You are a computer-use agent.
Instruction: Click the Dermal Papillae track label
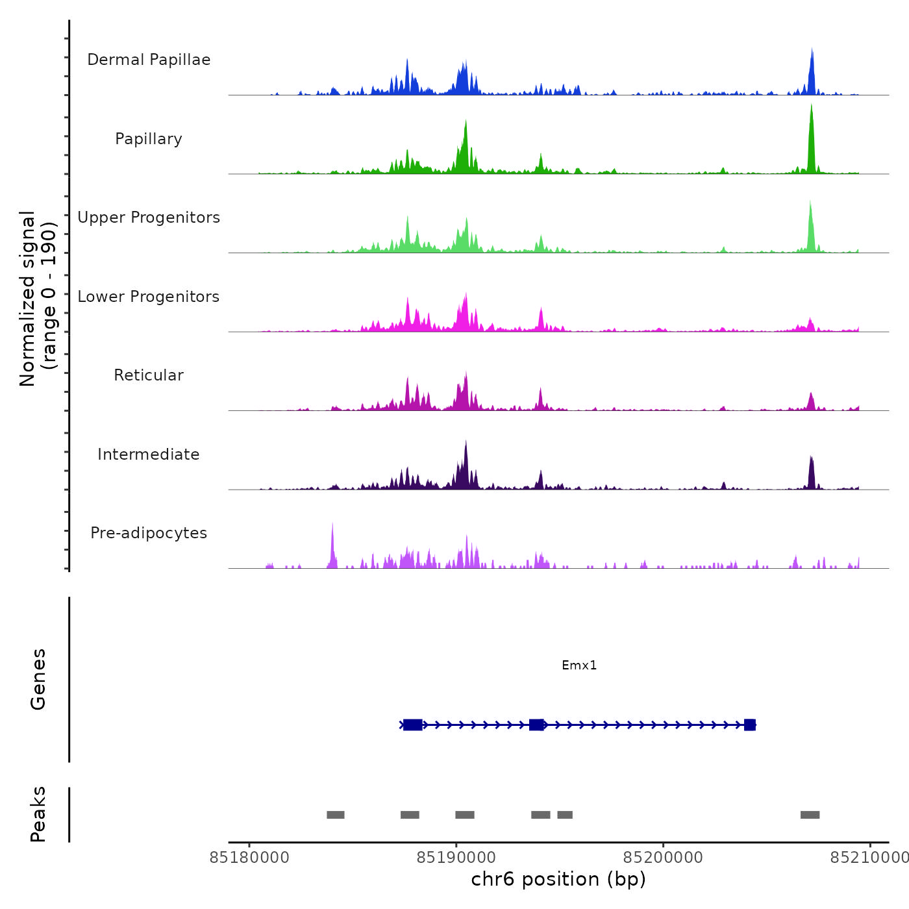pos(149,60)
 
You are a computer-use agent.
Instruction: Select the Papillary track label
pos(149,139)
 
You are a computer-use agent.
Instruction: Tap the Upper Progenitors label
pos(149,218)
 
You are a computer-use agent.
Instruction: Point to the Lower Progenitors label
pos(149,297)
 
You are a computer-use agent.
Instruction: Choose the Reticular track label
pos(149,375)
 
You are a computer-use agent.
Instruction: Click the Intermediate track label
pos(149,454)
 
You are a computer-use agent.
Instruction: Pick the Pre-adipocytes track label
pos(149,533)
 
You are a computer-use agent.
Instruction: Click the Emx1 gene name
pos(579,665)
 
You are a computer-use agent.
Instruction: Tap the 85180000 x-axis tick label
pos(249,858)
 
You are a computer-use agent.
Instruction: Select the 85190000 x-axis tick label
pos(456,858)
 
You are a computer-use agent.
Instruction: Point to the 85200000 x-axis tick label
pos(663,858)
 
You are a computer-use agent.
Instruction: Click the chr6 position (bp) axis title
pos(558,879)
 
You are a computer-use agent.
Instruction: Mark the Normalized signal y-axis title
pos(38,299)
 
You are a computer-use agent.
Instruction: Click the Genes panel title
pos(38,679)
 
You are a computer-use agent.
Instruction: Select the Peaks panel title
pos(38,814)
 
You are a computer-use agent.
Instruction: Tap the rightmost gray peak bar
pos(810,815)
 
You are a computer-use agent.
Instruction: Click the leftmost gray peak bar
pos(336,815)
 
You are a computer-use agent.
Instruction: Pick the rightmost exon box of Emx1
pos(750,725)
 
